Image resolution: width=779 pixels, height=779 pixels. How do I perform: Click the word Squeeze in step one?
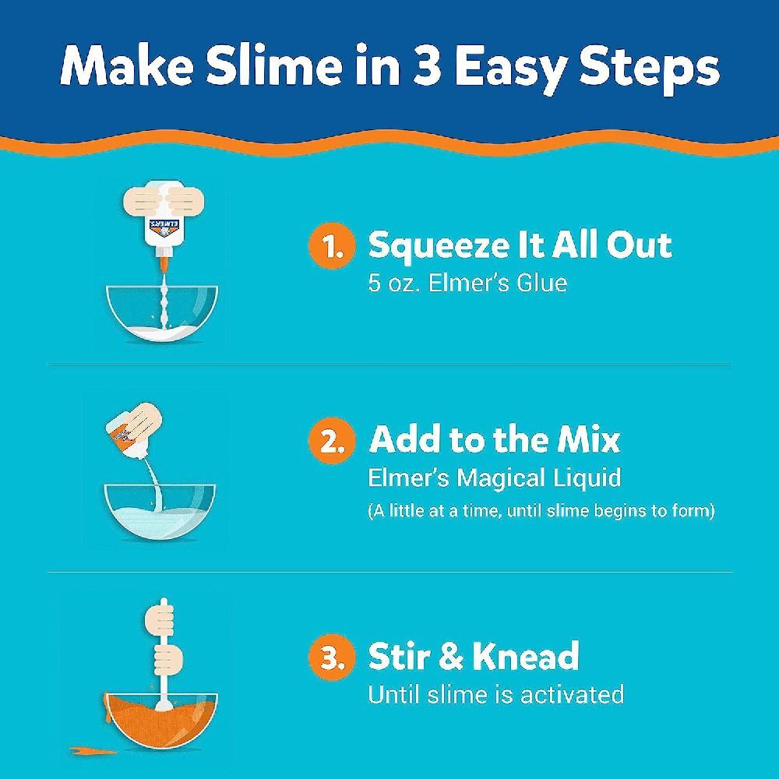pyautogui.click(x=439, y=246)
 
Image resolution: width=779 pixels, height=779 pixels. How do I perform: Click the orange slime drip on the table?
pyautogui.click(x=87, y=752)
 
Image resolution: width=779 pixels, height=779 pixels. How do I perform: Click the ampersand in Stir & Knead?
pyautogui.click(x=449, y=657)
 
